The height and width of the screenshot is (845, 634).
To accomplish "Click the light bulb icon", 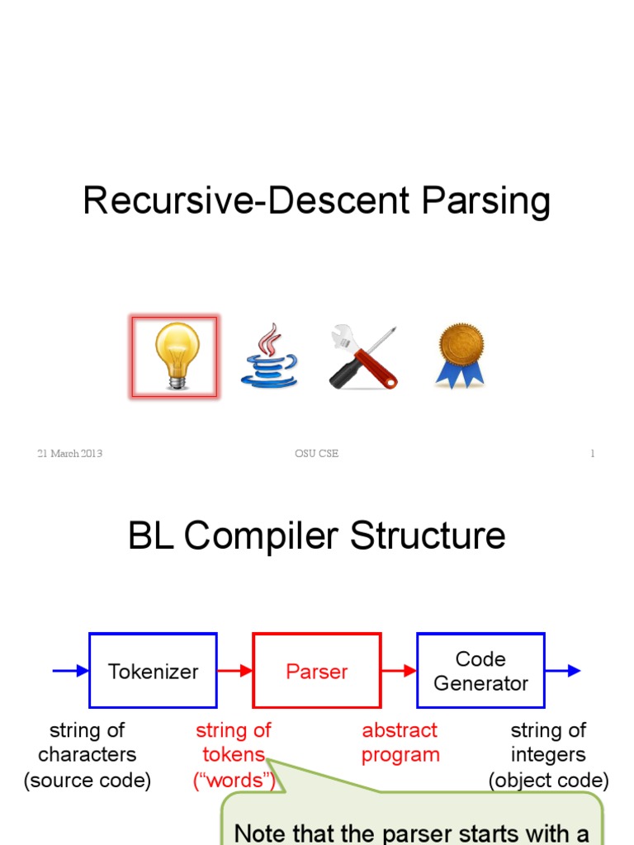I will [x=175, y=356].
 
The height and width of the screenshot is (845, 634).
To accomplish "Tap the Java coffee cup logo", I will [x=269, y=356].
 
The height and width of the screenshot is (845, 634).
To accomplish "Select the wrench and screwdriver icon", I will [x=363, y=357].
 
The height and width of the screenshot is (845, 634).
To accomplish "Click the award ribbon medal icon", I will [x=460, y=356].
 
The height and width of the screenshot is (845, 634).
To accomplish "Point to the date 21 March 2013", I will [x=69, y=454].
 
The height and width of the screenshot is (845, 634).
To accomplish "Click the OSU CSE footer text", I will [x=316, y=454].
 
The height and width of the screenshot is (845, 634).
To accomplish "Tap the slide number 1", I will [x=592, y=454].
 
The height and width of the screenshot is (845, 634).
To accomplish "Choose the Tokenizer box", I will [x=153, y=671].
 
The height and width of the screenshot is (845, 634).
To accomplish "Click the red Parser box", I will [x=317, y=671].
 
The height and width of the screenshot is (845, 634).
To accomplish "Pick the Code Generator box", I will [x=480, y=671].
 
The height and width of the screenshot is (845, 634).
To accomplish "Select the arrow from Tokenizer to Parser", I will [x=235, y=671].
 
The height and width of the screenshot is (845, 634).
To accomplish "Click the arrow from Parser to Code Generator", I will [x=399, y=671].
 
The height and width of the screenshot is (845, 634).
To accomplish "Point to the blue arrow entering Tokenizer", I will [x=71, y=671].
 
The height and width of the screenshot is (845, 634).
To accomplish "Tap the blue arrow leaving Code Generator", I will [x=563, y=671].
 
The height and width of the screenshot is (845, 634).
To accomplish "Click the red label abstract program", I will [x=400, y=743].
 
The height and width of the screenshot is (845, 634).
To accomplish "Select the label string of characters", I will [x=87, y=743].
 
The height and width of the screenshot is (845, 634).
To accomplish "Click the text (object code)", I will [x=548, y=781].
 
